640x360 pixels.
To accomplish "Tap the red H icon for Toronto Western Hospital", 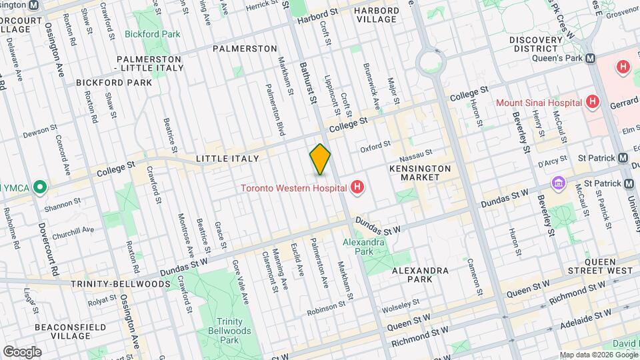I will [358, 187].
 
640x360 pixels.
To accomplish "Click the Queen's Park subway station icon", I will [590, 58].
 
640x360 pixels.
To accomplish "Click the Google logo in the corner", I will [22, 351].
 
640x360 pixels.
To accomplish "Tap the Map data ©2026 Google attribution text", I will [598, 355].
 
